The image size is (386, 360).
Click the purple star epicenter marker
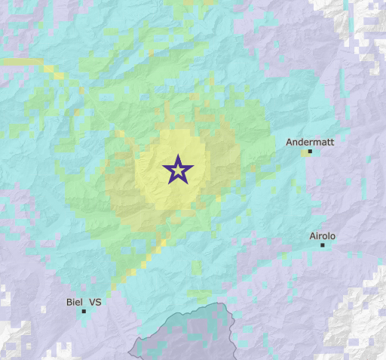tap(177, 170)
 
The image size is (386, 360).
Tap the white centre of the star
tap(177, 171)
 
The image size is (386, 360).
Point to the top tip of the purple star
tap(177, 155)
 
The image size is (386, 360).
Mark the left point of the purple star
tap(163, 166)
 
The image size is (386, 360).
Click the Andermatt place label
tap(310, 142)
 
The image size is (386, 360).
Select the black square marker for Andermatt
tap(310, 152)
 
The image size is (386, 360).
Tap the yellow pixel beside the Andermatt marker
tap(305, 152)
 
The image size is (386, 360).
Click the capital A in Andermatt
tap(289, 142)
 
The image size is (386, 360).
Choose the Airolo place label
tap(323, 236)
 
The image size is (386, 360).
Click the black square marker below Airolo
tap(323, 245)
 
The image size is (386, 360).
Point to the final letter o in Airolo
tap(332, 236)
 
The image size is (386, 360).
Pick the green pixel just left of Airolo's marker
tap(317, 245)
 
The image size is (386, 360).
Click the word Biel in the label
tap(74, 302)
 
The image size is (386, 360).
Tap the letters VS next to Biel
tap(95, 302)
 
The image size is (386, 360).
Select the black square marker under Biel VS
tap(84, 311)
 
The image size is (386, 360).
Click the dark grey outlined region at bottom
tap(188, 336)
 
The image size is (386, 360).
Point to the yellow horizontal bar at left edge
tap(19, 62)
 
